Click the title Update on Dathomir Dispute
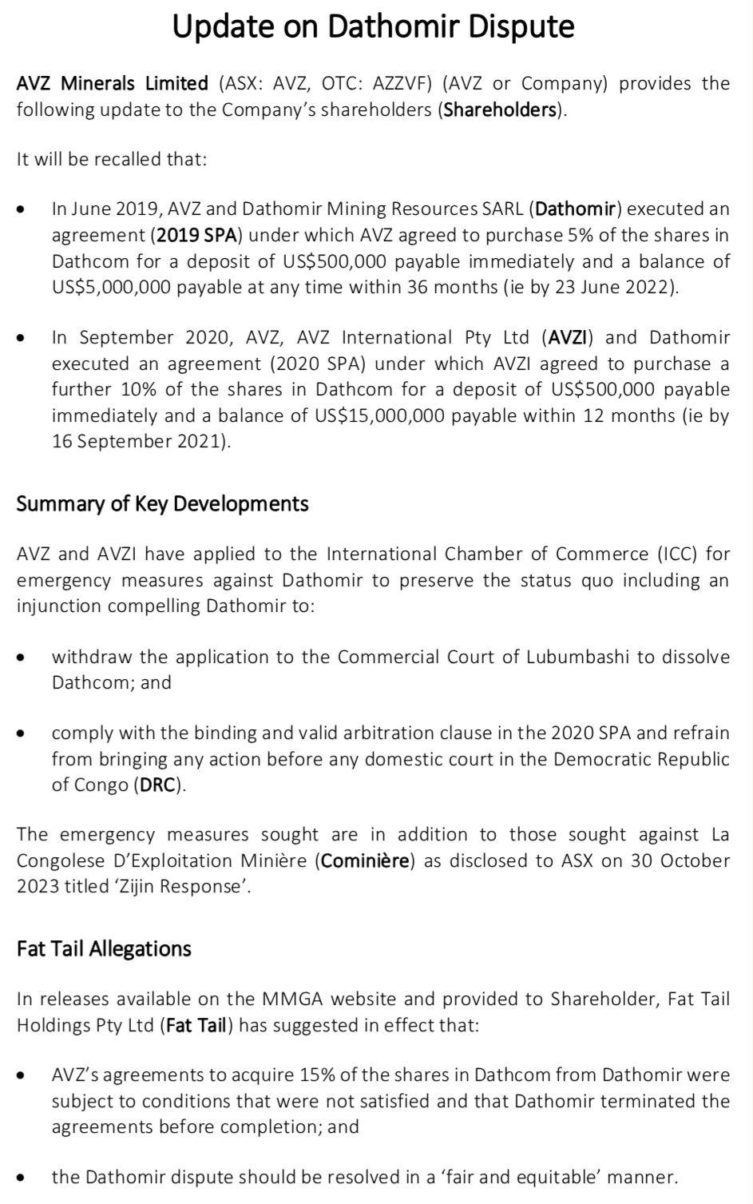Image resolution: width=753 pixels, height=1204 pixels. [x=374, y=26]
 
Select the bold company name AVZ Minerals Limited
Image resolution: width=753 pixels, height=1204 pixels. [x=113, y=84]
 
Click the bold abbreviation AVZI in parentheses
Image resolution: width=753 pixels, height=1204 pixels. [x=569, y=338]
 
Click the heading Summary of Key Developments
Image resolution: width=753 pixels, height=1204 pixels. [x=162, y=504]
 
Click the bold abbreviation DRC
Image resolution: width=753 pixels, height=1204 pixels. [x=158, y=785]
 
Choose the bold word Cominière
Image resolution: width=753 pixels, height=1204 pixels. [x=367, y=861]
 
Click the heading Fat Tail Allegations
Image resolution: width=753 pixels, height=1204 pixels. [x=104, y=949]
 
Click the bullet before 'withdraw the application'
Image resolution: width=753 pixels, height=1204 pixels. [x=23, y=658]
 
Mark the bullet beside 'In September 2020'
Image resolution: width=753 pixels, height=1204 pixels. [x=23, y=339]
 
